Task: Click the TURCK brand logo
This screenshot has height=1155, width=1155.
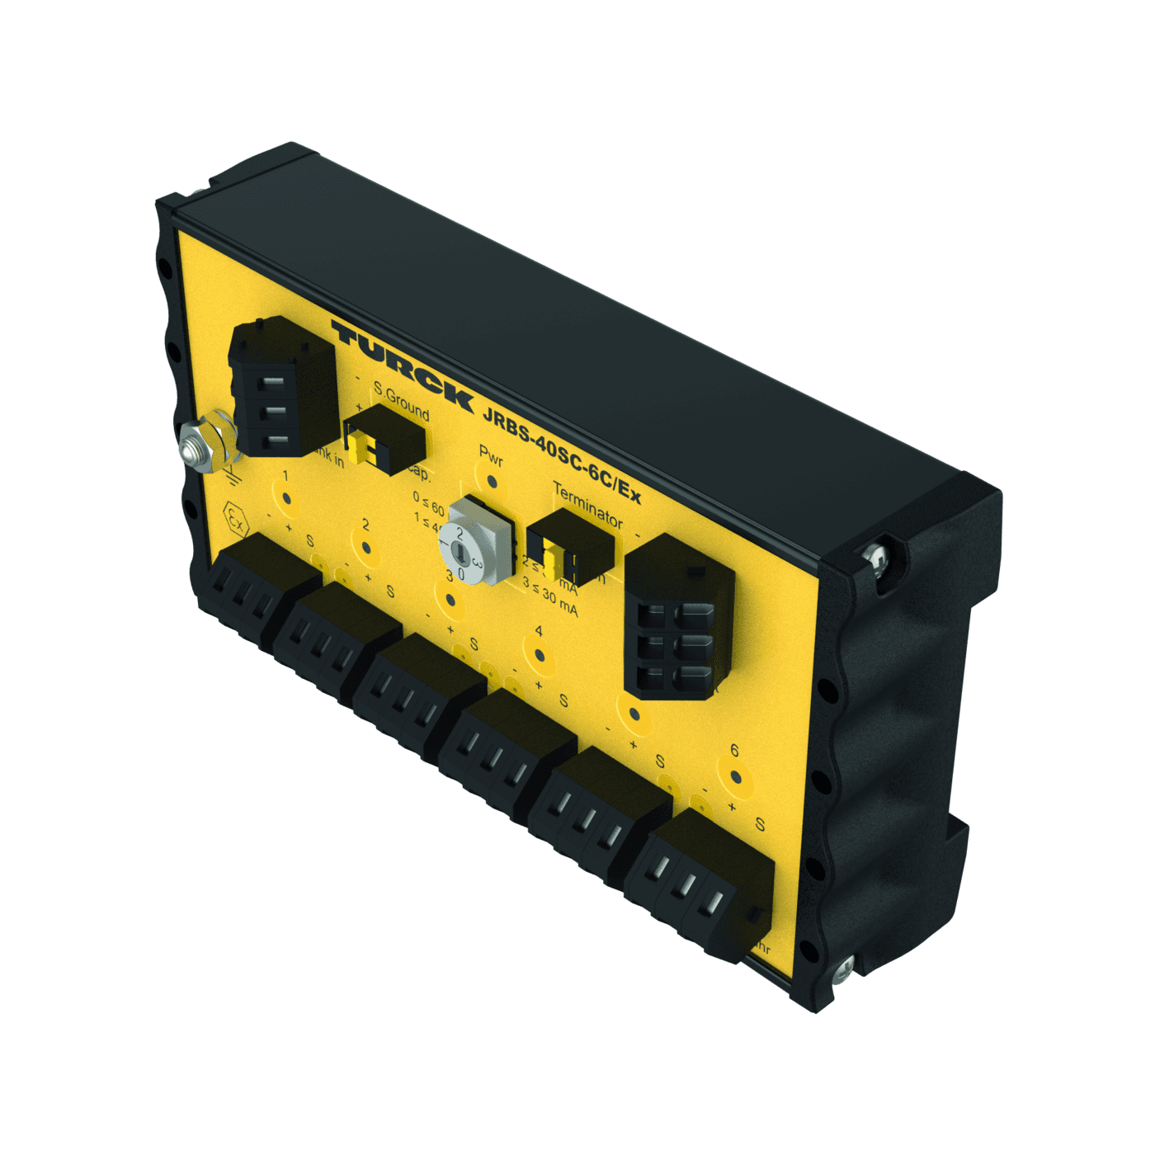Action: click(402, 365)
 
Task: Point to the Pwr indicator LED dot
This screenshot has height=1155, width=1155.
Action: click(492, 481)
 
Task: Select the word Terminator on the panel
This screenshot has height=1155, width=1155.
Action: click(587, 505)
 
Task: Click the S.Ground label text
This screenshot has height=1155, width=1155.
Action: click(402, 400)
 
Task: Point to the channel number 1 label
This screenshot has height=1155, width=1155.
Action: click(285, 476)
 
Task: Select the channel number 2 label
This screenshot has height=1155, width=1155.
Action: click(366, 526)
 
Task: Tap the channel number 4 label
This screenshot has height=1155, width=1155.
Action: click(538, 631)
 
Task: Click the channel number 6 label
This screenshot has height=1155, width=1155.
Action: click(734, 751)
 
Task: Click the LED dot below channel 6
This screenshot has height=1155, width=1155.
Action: click(736, 776)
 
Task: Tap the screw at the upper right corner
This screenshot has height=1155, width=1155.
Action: click(877, 557)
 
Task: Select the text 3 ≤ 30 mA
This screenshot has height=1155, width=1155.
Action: click(550, 597)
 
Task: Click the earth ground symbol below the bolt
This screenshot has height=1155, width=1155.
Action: click(232, 474)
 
